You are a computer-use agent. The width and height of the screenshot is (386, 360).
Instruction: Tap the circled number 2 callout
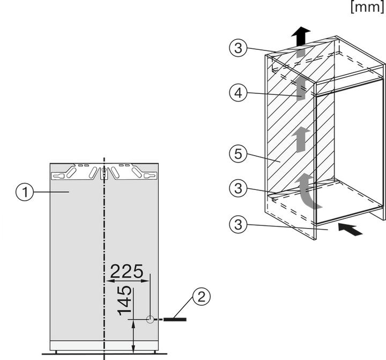coord(201,297)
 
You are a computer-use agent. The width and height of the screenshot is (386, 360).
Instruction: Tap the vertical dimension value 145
coord(124,300)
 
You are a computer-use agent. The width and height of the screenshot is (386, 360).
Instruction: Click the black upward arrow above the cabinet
coord(301,38)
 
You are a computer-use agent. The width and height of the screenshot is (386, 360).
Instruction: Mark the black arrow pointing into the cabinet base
coord(351,230)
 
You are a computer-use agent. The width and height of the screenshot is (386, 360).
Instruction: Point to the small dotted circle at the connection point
coord(150,319)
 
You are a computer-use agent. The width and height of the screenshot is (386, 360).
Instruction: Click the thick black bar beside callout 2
coord(175,319)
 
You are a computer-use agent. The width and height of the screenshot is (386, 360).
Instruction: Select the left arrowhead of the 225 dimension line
coord(109,280)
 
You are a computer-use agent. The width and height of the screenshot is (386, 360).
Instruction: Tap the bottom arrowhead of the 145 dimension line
coord(133,350)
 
